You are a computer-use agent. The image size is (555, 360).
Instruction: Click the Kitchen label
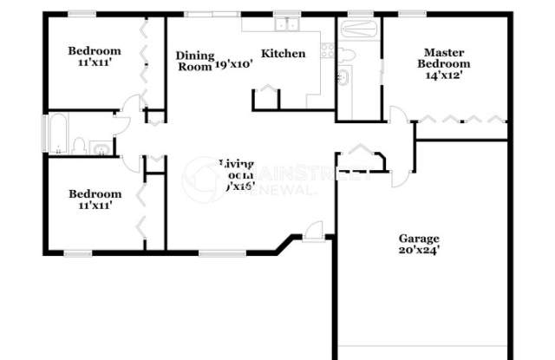click(x=284, y=54)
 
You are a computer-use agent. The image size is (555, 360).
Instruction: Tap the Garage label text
click(x=419, y=239)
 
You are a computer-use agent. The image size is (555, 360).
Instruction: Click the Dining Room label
click(x=193, y=61)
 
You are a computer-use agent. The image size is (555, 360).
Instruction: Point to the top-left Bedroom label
click(x=95, y=50)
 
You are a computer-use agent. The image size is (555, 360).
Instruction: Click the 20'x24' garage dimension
click(x=419, y=252)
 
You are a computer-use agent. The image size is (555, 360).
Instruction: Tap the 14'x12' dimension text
click(x=443, y=75)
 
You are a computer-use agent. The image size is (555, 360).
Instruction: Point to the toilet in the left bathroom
click(x=78, y=146)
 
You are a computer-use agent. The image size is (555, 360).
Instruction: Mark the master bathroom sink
click(x=343, y=80)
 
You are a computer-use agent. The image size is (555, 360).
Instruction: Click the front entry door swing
click(x=314, y=230)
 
